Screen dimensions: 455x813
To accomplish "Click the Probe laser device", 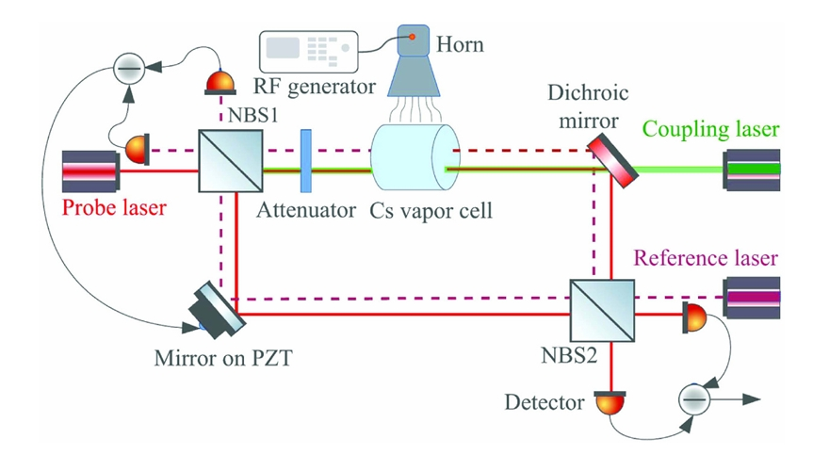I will (90, 171).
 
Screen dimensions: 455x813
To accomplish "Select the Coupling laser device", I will (752, 171).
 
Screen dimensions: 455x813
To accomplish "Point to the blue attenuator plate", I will (305, 162).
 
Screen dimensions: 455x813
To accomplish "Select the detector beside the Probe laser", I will (138, 149).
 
